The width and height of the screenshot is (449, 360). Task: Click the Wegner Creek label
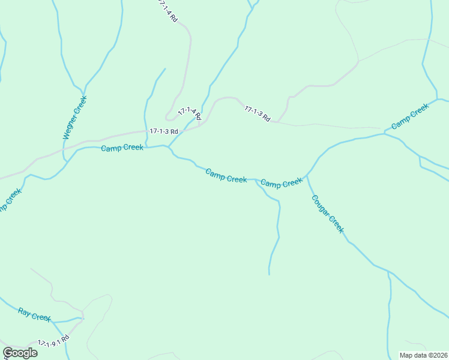tap(75, 117)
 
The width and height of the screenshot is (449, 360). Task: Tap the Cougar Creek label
tap(327, 214)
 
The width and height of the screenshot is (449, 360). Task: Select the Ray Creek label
tap(34, 314)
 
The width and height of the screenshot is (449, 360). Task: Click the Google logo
tap(20, 353)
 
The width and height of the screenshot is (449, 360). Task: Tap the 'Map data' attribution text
tap(423, 355)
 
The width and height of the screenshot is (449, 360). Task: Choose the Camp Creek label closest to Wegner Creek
tap(122, 148)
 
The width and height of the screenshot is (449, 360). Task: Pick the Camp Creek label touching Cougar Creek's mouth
tap(282, 183)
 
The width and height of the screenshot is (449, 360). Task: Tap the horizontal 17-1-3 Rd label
tap(164, 131)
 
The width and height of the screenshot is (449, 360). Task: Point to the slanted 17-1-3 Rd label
tap(258, 113)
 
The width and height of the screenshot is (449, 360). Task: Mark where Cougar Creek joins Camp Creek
tap(307, 176)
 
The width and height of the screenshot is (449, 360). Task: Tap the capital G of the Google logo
tap(8, 353)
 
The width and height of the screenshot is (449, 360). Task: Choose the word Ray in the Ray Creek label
tap(24, 311)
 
